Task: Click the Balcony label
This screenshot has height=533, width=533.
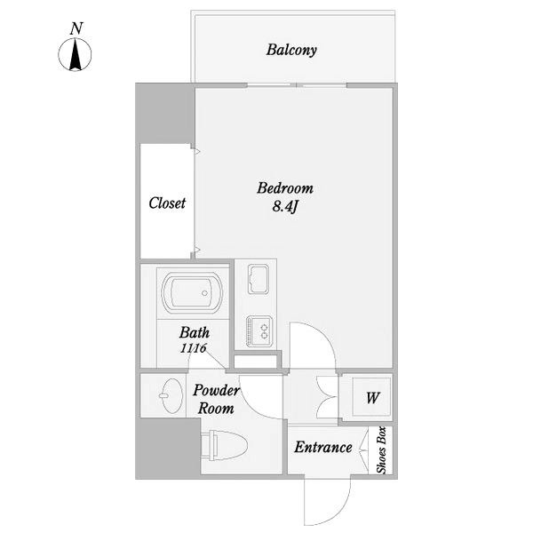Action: pos(291,50)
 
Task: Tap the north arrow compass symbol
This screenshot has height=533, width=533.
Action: pos(75,54)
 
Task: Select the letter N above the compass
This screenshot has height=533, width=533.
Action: pos(76,28)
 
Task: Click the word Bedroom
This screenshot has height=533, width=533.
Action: pos(285,188)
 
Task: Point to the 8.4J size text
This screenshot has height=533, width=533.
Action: pos(285,206)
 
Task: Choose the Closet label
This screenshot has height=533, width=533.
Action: pos(167,203)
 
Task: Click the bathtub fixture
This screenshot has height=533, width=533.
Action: pos(192,292)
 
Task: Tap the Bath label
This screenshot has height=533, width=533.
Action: pos(195,332)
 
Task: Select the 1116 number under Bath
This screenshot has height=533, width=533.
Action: pos(193,348)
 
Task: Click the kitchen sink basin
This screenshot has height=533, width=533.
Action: pos(259,279)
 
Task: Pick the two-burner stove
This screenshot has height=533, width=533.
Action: pos(259,331)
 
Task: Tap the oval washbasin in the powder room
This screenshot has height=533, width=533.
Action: pos(171,395)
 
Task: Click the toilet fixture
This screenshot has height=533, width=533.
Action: pos(225,446)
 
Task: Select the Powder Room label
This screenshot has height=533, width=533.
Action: pos(216,400)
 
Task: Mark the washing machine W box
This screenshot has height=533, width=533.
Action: pos(372,397)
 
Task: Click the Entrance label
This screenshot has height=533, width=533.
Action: pos(323,447)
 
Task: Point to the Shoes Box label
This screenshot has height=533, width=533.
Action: pos(381,450)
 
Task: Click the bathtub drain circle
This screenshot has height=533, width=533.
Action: pos(204,293)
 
